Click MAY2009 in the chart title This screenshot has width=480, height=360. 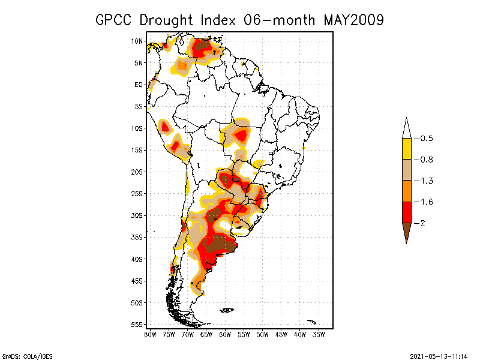[353, 20]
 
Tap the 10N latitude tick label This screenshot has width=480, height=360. [137, 41]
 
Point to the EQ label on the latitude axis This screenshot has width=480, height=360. [139, 85]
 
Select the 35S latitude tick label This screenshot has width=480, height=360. [137, 237]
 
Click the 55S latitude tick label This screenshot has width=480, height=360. [137, 325]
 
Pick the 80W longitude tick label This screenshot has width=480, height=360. [150, 334]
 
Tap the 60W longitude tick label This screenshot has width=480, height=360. [225, 334]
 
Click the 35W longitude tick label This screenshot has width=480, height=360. [319, 334]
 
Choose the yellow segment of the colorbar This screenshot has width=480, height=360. [406, 149]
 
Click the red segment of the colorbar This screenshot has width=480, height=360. [406, 212]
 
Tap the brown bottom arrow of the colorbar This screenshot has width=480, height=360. [406, 232]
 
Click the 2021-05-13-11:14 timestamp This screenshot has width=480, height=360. [439, 356]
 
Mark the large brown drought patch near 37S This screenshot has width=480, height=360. [219, 245]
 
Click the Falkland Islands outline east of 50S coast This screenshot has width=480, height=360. [227, 310]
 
